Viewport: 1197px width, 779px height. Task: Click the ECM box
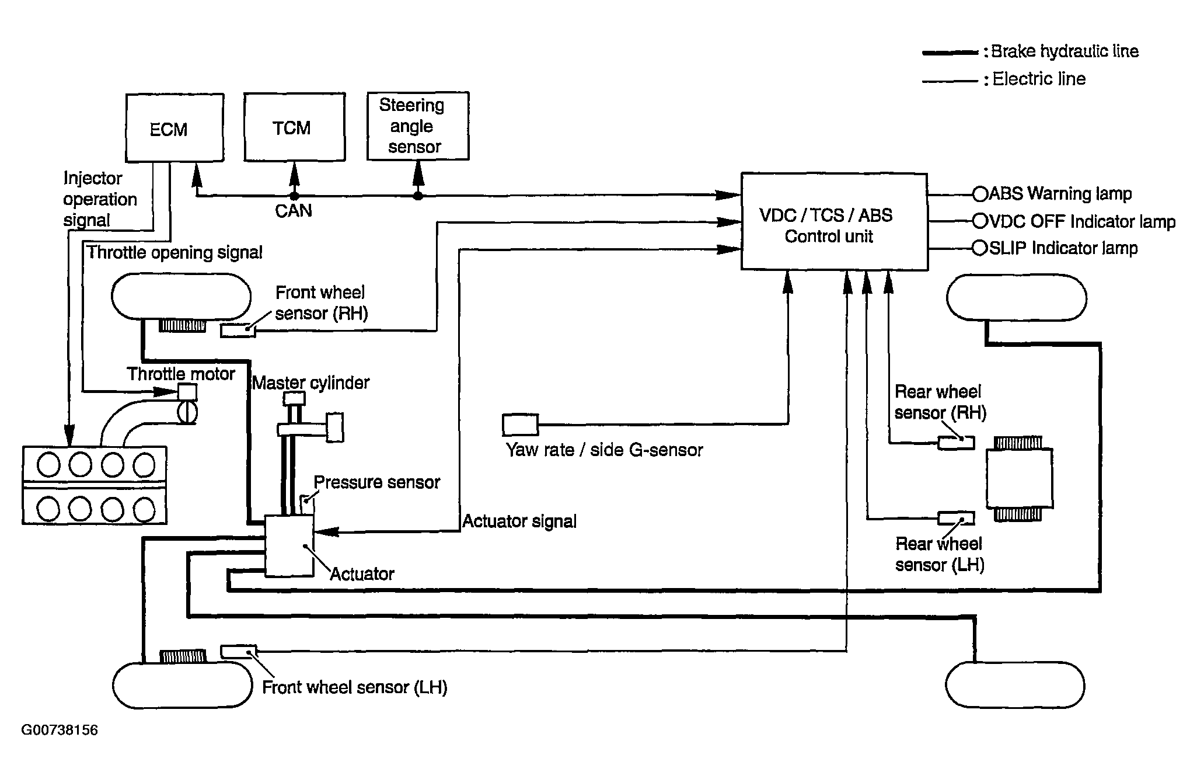tap(175, 128)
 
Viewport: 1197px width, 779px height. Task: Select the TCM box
tap(294, 127)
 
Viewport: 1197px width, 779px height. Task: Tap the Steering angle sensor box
tap(418, 126)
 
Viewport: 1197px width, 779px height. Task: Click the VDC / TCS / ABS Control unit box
tap(834, 221)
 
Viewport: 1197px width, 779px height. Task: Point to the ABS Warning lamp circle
tap(979, 193)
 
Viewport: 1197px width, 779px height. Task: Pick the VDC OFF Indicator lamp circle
tap(979, 221)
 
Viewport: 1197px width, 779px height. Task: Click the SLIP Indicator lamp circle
tap(979, 248)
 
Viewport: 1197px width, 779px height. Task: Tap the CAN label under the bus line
tap(293, 211)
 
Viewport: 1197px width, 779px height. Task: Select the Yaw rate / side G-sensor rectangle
tap(520, 425)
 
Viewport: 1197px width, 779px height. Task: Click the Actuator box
tap(289, 545)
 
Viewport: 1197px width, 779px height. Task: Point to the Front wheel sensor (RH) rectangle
tap(238, 331)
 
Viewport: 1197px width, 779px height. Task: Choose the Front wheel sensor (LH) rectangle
tap(238, 652)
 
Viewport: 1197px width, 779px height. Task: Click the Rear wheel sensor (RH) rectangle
tap(956, 443)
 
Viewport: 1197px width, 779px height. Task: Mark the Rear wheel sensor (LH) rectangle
tap(956, 518)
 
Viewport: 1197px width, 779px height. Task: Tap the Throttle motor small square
tap(187, 391)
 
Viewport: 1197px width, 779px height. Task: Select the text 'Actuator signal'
tap(519, 521)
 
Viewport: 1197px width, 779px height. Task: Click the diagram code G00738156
tap(60, 730)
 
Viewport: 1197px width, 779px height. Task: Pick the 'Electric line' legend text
tap(1039, 79)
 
